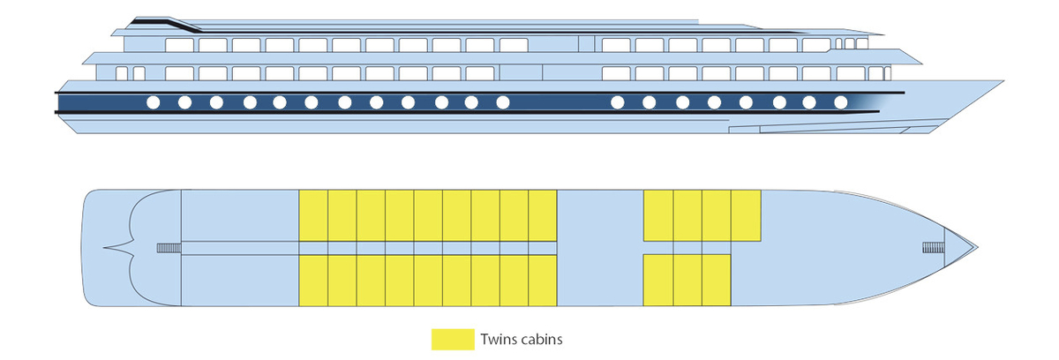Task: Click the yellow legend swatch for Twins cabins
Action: point(453,339)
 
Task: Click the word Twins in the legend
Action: point(498,339)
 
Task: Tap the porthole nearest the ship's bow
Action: point(841,102)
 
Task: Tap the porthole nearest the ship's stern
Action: point(153,102)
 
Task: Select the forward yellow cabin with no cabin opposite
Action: point(746,215)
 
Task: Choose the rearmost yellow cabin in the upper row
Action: point(313,215)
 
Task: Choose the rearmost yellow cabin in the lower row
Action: point(313,280)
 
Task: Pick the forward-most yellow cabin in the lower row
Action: point(717,280)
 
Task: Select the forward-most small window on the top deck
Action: point(861,43)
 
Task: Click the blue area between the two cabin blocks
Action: point(600,247)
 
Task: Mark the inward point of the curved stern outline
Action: point(105,248)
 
